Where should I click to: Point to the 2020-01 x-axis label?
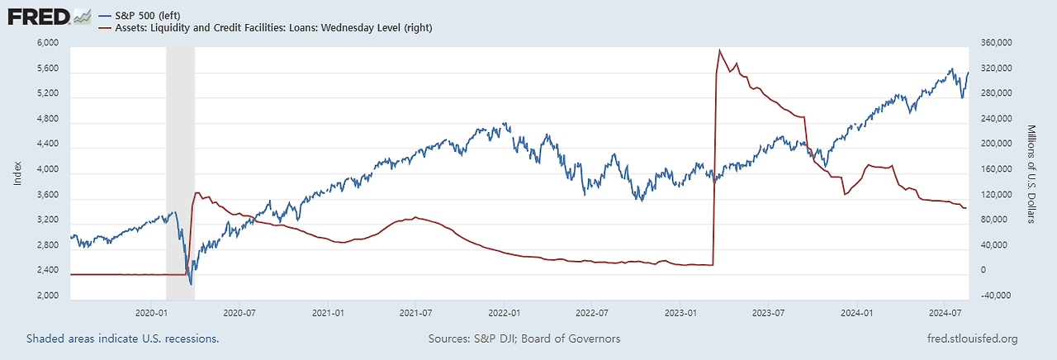151,314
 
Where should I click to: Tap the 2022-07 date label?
591,314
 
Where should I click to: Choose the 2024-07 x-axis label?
946,314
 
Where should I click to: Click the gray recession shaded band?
180,165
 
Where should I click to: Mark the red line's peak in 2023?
720,50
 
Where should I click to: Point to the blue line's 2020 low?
192,284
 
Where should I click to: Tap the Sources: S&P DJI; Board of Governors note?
524,339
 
